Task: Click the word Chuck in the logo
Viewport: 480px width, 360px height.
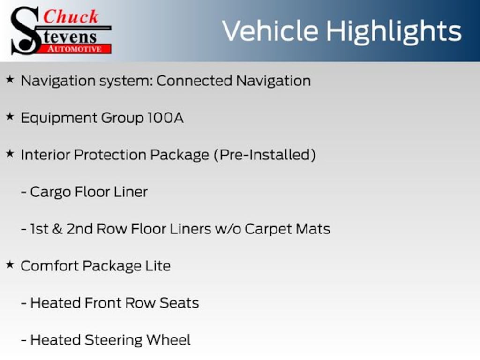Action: click(71, 16)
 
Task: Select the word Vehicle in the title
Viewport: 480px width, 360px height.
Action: click(270, 31)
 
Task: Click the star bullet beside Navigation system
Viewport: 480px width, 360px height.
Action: click(10, 80)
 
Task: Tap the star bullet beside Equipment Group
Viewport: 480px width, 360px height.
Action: click(10, 117)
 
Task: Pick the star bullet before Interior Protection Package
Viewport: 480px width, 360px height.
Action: click(10, 154)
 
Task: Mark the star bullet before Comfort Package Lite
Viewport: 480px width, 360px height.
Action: click(10, 264)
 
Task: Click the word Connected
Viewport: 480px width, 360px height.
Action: click(195, 81)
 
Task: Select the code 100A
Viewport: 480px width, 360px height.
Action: click(165, 118)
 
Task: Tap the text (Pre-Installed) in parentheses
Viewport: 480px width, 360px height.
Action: click(265, 155)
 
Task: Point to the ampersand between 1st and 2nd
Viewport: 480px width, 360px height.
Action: click(57, 229)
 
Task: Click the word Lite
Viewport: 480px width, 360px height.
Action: click(158, 266)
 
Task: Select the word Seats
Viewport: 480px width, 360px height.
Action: click(179, 303)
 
